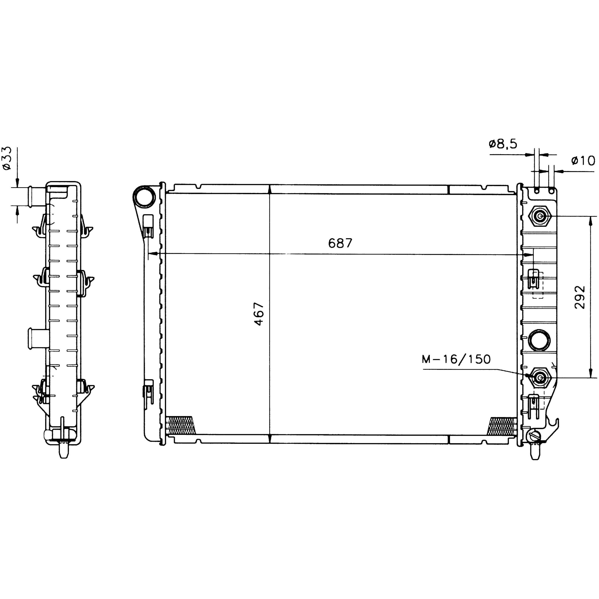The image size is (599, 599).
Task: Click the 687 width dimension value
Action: click(340, 243)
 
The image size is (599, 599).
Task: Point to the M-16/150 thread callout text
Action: click(456, 359)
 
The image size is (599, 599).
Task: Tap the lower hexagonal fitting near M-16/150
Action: click(540, 377)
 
